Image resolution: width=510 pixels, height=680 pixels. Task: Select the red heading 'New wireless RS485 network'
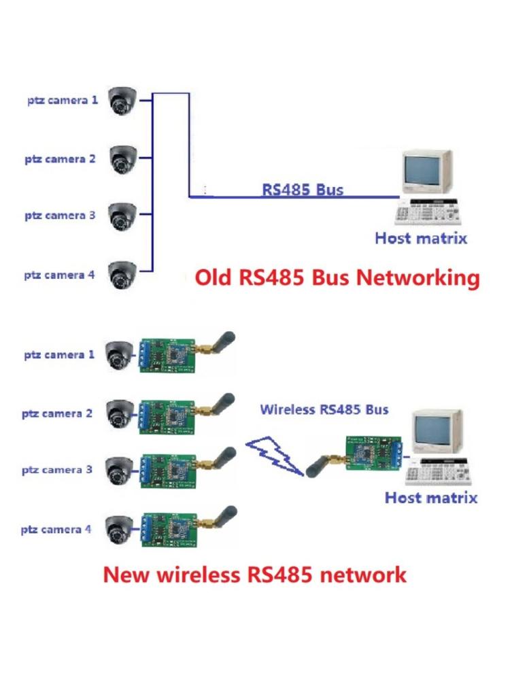(x=254, y=575)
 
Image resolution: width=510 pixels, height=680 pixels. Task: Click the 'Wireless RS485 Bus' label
(x=324, y=409)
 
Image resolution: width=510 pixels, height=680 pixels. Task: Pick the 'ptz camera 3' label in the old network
(x=60, y=216)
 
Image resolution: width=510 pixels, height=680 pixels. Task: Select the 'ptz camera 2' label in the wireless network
(x=57, y=413)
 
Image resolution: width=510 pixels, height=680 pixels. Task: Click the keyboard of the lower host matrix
(x=439, y=473)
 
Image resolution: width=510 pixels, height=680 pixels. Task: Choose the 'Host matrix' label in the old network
(x=421, y=238)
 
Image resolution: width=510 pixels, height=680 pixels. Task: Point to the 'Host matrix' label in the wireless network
(x=431, y=497)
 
